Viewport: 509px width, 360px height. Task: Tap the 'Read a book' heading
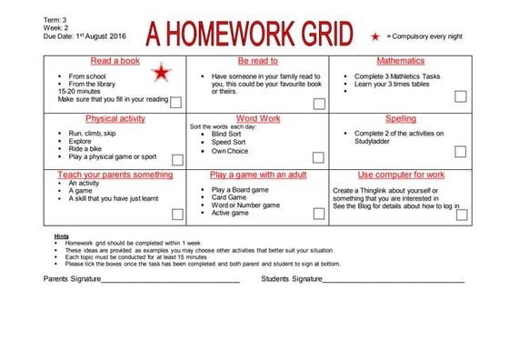pos(115,60)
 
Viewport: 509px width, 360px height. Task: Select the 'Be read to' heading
pos(258,60)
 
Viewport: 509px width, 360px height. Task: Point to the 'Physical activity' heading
pos(115,118)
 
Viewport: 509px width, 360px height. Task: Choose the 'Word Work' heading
pos(258,118)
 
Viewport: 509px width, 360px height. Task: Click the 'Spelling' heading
pos(401,118)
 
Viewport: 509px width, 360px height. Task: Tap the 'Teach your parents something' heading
pos(115,174)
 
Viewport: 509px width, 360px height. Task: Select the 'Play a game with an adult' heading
pos(258,174)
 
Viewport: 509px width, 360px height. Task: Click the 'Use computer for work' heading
pos(401,174)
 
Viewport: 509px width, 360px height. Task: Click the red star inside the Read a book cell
pos(161,72)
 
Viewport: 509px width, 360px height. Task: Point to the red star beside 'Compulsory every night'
pos(374,36)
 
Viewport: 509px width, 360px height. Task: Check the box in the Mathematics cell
pos(462,104)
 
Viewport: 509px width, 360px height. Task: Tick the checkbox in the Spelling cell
pos(462,160)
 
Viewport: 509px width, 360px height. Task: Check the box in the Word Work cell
pos(319,160)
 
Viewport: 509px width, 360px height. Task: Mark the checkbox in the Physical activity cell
pos(176,160)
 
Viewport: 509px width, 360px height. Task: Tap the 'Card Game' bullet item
pos(230,197)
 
